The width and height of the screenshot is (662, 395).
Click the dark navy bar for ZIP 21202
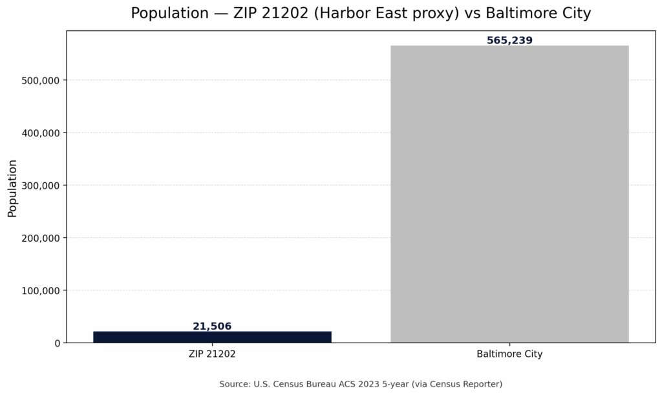point(212,337)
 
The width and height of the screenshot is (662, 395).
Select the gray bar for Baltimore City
point(509,194)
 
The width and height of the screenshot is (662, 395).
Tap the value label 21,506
point(212,326)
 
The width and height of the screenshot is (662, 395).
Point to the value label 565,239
point(509,41)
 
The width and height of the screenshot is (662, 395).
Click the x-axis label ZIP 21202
point(212,354)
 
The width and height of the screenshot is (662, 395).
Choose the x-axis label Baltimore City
point(509,354)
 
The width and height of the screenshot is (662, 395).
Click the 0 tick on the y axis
point(57,343)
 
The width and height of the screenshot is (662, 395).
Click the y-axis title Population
point(12,188)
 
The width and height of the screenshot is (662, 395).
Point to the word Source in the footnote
point(233,384)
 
